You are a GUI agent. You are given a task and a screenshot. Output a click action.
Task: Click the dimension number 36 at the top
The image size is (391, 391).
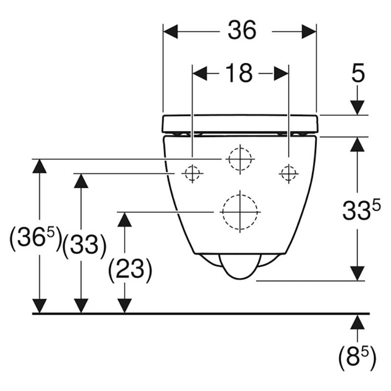pos(242,30)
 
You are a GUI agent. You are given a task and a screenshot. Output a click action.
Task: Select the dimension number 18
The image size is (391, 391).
pos(239,73)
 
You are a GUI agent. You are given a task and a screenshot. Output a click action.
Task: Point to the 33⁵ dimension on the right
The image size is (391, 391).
pos(361,210)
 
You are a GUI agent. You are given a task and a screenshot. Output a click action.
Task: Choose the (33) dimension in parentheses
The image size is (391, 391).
pos(84,245)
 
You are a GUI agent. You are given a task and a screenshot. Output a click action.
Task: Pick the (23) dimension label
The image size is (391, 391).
pos(130,270)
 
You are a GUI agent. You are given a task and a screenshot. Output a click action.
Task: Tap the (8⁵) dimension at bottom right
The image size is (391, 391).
pos(357,358)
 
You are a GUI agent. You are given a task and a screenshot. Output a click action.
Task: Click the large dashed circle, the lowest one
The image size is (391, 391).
pos(240,212)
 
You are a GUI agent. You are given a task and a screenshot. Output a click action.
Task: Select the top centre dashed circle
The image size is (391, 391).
pos(240,159)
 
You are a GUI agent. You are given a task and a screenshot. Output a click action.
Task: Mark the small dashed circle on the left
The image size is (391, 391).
pos(192,173)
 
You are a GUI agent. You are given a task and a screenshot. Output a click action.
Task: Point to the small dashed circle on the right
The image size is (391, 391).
pos(289,174)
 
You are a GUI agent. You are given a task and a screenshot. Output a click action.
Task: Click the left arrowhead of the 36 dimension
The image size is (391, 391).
pos(170,31)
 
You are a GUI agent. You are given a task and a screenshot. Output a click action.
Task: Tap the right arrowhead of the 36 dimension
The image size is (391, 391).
pos(309,31)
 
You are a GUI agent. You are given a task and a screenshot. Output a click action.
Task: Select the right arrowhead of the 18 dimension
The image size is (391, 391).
pos(282,74)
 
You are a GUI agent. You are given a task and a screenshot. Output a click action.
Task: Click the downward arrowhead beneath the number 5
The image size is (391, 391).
pos(357,108)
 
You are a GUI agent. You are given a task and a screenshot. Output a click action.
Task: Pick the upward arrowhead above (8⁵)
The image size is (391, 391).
pos(357,322)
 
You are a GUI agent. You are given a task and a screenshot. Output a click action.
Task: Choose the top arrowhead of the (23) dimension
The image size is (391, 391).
pos(125,219)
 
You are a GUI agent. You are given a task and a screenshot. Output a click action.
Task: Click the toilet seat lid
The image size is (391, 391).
pos(240,124)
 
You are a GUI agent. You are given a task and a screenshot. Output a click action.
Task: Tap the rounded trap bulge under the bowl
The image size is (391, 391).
pos(240,266)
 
